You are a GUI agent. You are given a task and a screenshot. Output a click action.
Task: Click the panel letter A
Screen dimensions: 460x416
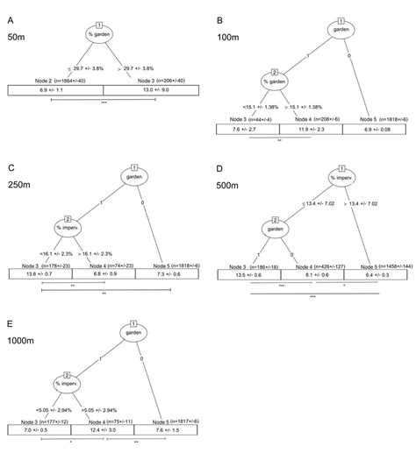(x=11, y=13)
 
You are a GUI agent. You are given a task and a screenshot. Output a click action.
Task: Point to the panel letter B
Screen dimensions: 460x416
(x=220, y=13)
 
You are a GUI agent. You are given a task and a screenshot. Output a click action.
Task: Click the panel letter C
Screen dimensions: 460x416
(x=11, y=166)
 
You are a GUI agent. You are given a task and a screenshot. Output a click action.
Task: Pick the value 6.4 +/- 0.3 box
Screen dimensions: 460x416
(x=375, y=274)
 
